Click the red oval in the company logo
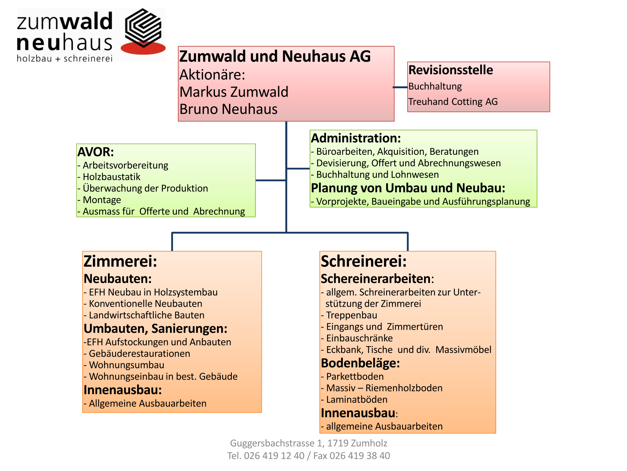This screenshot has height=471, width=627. (x=143, y=48)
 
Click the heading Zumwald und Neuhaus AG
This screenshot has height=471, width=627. (x=275, y=57)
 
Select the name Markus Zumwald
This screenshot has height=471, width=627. (x=234, y=92)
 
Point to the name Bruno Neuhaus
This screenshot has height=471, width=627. (x=229, y=109)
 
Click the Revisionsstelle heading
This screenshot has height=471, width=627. (x=451, y=70)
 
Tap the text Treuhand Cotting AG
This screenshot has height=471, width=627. (x=453, y=102)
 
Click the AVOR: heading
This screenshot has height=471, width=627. (x=96, y=152)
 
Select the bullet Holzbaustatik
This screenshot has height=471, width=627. (x=109, y=177)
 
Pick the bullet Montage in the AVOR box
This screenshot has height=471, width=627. (x=99, y=200)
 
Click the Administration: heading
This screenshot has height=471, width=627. (x=356, y=138)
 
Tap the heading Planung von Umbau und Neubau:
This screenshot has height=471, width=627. (x=408, y=188)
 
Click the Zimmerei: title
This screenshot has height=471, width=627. (x=120, y=261)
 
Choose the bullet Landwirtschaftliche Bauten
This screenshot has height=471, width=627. (x=144, y=315)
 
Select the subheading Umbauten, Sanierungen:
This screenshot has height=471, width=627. (x=156, y=329)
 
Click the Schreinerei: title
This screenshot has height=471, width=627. (x=364, y=261)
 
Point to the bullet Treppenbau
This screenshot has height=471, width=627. (x=349, y=315)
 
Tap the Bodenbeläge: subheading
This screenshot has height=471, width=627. (x=361, y=363)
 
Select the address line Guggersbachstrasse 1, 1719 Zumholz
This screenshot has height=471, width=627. (x=309, y=443)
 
